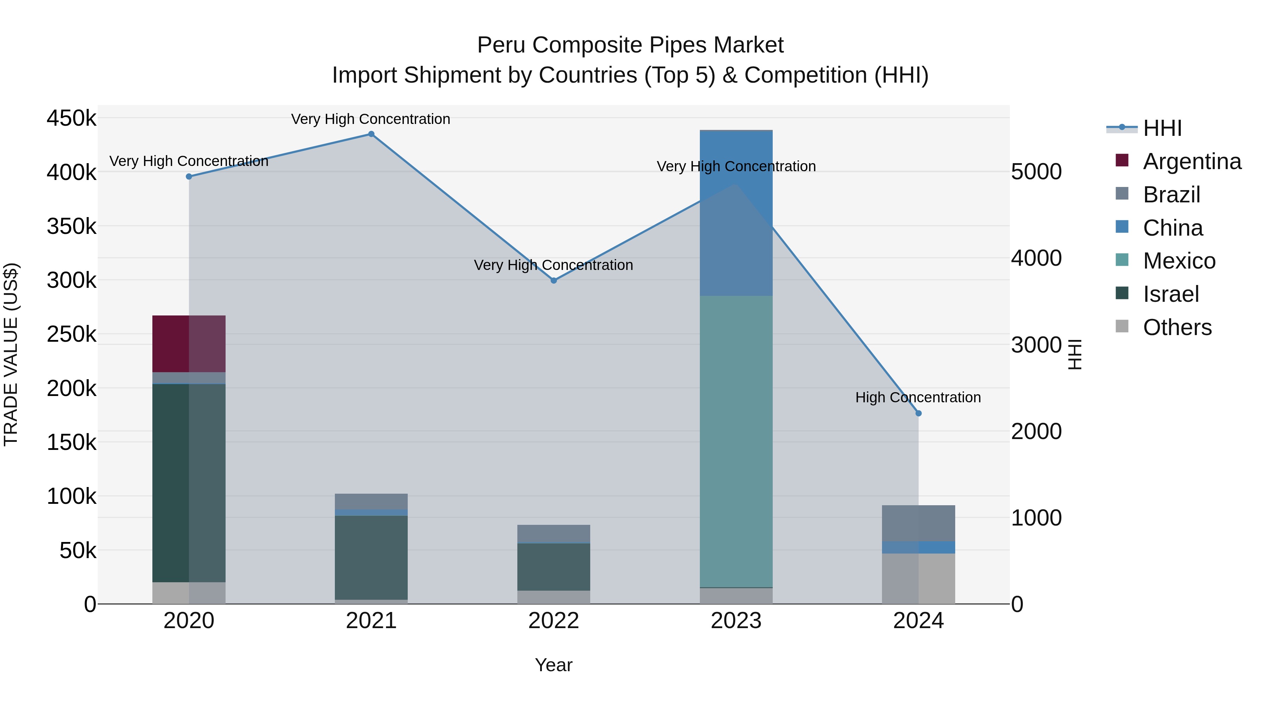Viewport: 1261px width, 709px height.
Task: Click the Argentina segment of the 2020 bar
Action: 188,343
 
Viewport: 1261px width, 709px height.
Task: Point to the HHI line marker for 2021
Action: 371,134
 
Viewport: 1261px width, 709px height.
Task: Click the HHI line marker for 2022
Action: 554,280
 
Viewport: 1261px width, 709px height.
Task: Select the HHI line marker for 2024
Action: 918,413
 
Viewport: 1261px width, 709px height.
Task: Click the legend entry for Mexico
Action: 1179,261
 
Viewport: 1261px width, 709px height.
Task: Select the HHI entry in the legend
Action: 1162,128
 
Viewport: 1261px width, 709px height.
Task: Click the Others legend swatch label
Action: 1177,327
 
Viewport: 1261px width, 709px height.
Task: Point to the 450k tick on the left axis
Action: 71,118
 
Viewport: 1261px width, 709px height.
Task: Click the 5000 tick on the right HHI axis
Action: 1036,172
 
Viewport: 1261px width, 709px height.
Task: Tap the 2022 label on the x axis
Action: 554,621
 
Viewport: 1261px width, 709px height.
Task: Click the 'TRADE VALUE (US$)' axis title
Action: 11,354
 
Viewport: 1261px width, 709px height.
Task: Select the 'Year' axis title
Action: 554,665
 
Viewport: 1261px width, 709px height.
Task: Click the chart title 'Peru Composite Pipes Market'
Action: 630,45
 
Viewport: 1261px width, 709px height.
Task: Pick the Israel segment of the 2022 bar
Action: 554,566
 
